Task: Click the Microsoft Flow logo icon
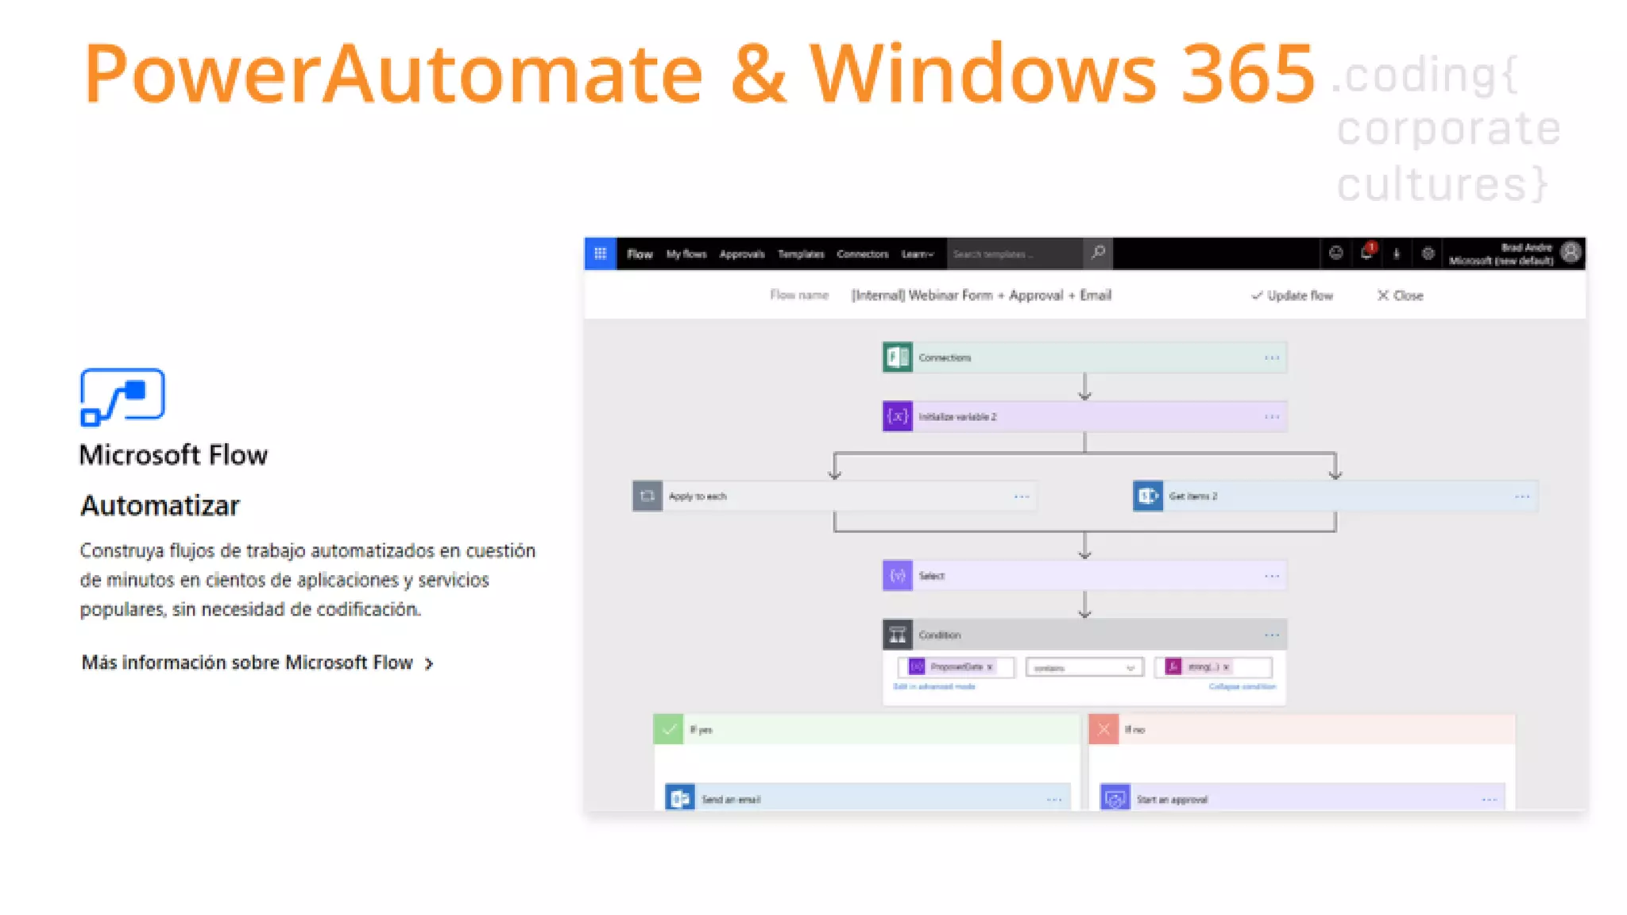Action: click(122, 396)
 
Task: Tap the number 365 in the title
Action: click(1247, 74)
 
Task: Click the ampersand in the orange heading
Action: click(758, 74)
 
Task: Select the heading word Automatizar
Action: click(160, 506)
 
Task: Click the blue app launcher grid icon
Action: click(601, 253)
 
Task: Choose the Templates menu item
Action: click(800, 254)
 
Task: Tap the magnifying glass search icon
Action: click(1098, 253)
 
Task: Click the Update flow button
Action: click(1293, 295)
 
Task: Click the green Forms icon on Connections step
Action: click(898, 357)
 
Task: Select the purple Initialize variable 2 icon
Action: click(898, 416)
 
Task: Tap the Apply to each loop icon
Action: click(647, 496)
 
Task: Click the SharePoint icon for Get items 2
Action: click(1148, 496)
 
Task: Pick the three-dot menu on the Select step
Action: click(1271, 576)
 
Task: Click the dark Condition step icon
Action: click(898, 635)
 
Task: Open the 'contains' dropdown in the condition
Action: click(1084, 668)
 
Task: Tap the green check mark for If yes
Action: click(668, 729)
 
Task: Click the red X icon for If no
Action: click(1103, 729)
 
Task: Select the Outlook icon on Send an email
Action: click(680, 798)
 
